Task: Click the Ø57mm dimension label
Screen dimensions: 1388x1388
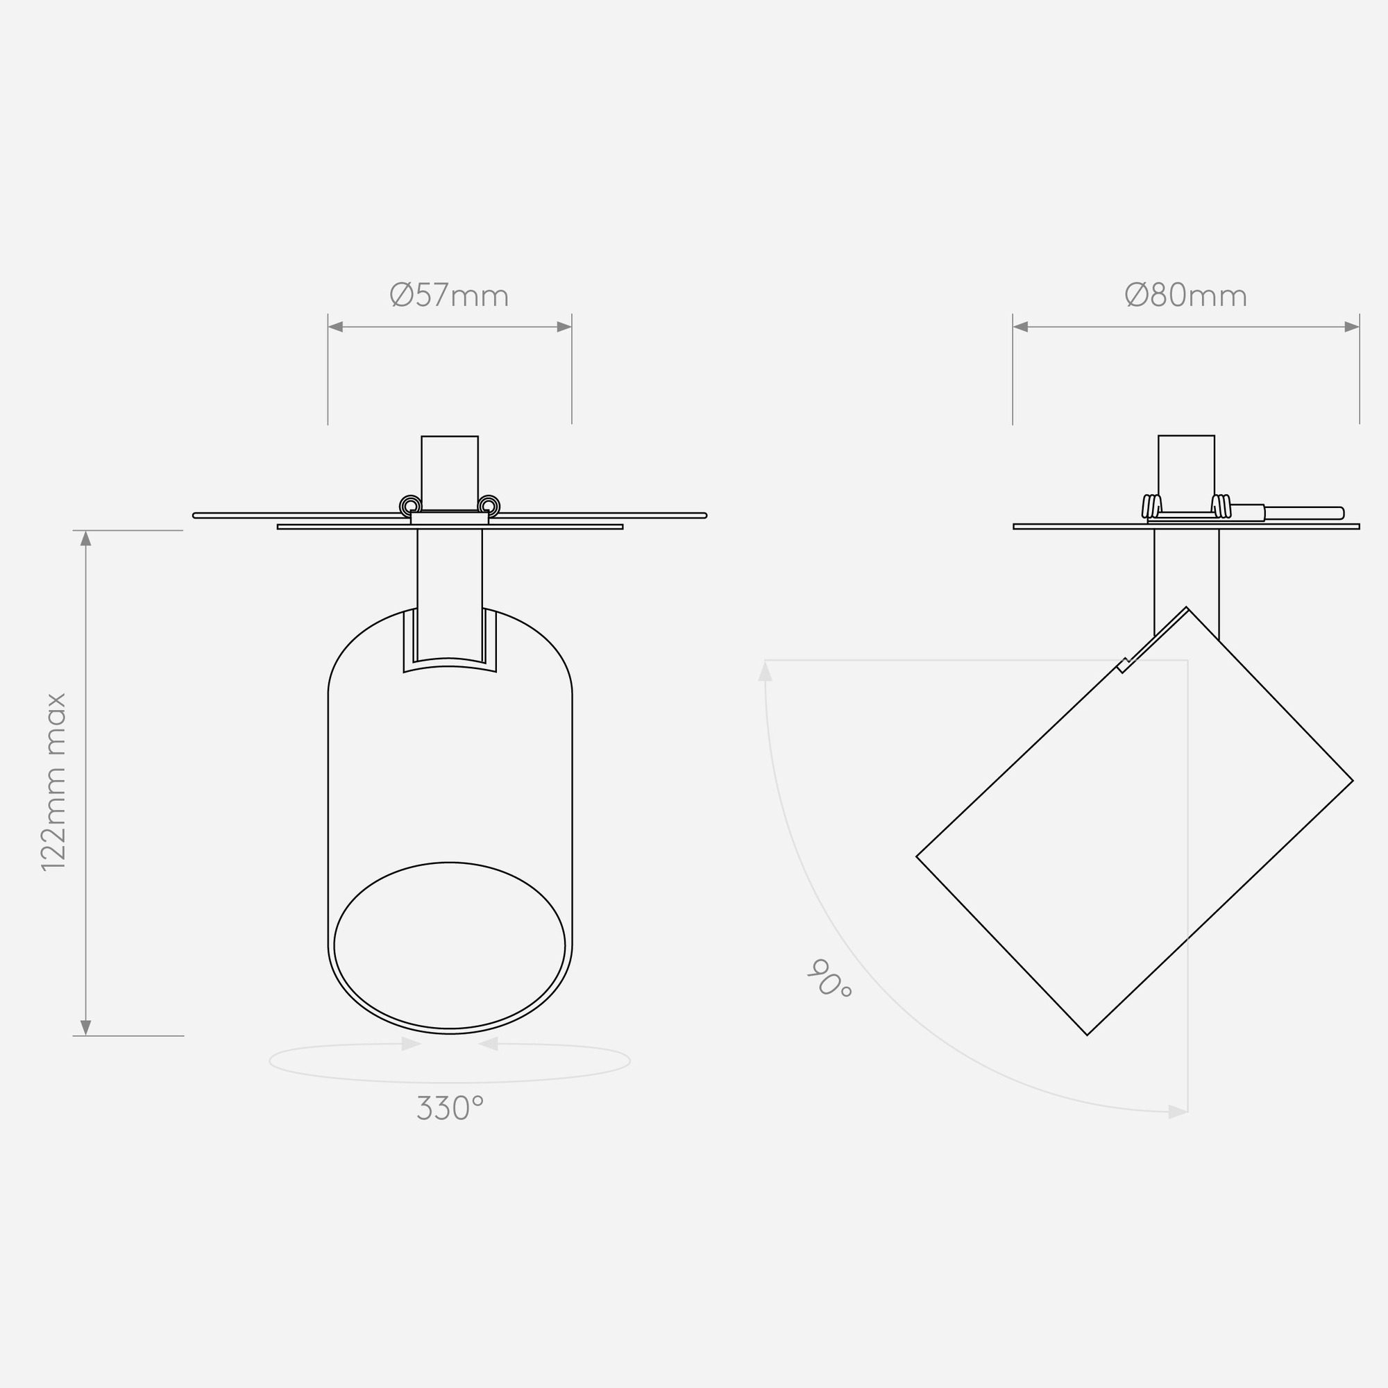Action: [x=449, y=295]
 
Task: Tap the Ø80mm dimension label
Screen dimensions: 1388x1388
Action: [x=1185, y=295]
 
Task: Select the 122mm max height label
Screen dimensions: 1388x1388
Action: [x=55, y=782]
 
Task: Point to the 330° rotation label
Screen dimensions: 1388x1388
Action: [x=450, y=1108]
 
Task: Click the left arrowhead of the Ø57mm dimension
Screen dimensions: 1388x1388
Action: [x=335, y=327]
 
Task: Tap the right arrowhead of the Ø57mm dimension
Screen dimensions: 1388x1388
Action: [x=564, y=327]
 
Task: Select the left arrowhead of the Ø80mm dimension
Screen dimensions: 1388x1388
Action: [x=1020, y=327]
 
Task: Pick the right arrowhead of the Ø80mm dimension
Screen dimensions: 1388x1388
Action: [x=1351, y=327]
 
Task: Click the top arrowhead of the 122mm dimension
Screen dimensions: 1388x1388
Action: [x=85, y=538]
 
